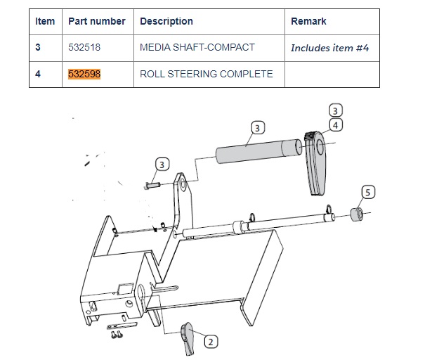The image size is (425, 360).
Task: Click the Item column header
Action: pos(45,21)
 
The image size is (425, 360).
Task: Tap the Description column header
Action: pos(166,21)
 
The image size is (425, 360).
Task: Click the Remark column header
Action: pos(308,21)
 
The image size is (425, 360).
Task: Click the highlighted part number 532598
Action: pos(84,74)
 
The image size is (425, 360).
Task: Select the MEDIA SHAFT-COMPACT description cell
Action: pos(197,48)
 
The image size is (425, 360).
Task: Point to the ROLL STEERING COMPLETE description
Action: pos(206,74)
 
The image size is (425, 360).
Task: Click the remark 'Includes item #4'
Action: pos(329,49)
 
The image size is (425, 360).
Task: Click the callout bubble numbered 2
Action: pos(210,342)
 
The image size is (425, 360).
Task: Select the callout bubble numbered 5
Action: pos(368,191)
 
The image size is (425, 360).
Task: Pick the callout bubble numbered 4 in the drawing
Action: pos(336,125)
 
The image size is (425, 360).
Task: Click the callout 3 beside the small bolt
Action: pos(162,165)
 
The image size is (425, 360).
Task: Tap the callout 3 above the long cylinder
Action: pos(259,128)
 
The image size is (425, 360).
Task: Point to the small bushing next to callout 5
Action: pos(357,214)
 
